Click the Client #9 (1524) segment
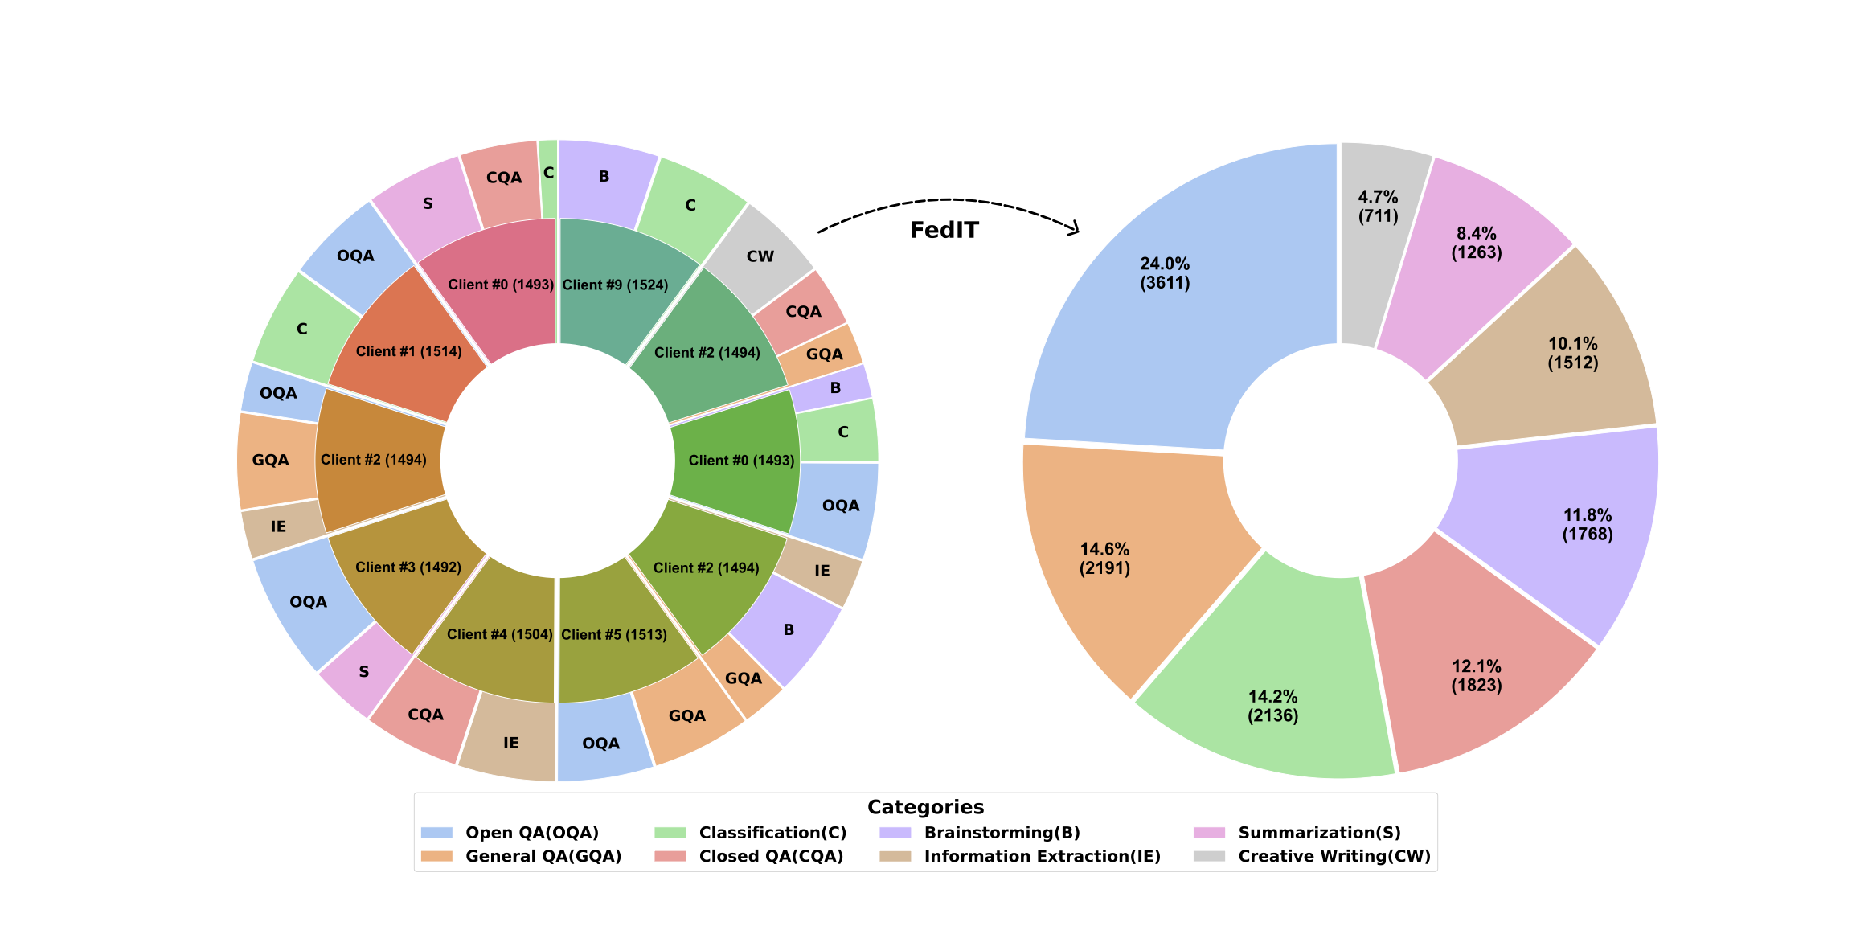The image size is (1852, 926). coord(616,285)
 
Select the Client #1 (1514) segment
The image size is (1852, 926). coord(408,351)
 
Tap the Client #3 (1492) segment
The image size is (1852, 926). coord(408,567)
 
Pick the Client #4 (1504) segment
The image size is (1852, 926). coord(499,635)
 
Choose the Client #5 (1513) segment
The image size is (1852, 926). coord(615,635)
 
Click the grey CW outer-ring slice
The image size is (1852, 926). coord(760,256)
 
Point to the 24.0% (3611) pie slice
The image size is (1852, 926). coord(1165,273)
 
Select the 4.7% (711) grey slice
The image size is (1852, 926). coord(1378,207)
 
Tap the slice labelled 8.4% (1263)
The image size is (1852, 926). coord(1477,243)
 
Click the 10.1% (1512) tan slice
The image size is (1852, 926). coord(1573,353)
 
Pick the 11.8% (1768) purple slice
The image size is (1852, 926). coord(1588,525)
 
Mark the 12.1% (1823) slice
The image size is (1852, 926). coord(1477,676)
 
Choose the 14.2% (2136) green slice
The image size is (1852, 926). coord(1273,706)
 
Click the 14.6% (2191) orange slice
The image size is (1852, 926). coord(1105,559)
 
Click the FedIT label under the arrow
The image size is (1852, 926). coord(944,231)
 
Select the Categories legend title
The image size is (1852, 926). coord(925,807)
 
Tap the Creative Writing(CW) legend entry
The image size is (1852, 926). coord(1334,857)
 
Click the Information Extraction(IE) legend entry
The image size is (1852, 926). coord(1042,857)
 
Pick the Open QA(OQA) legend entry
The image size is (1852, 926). coord(531,833)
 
